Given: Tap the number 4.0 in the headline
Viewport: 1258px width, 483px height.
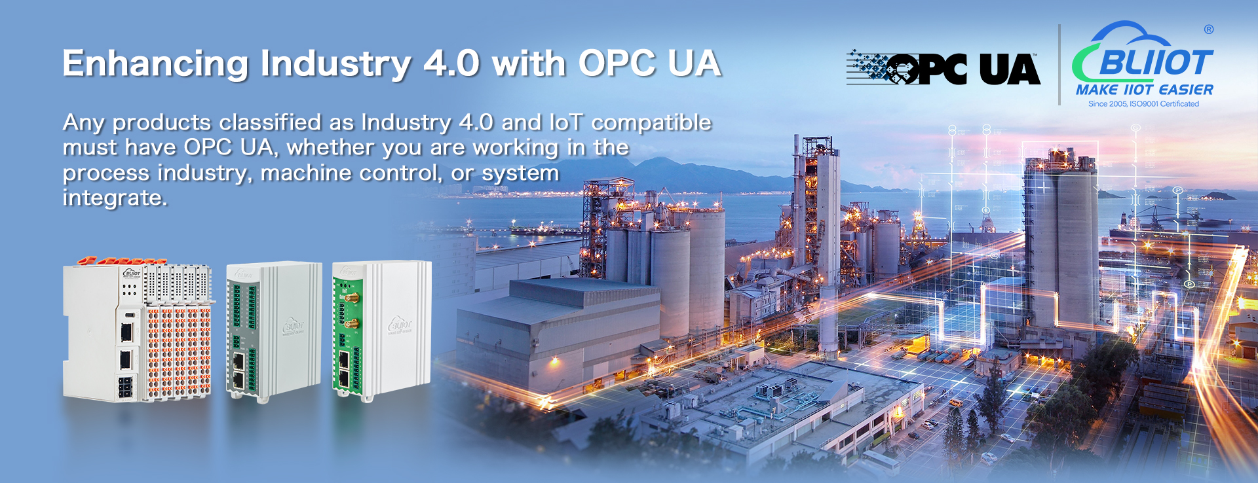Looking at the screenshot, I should click(x=452, y=63).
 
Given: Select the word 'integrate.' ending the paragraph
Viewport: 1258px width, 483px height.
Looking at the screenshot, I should click(x=115, y=197).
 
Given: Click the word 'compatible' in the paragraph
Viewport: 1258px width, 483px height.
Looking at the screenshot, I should click(x=651, y=122).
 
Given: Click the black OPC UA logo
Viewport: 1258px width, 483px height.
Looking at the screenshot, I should click(x=943, y=69).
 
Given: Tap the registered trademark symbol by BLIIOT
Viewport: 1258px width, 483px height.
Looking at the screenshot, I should click(x=1209, y=29).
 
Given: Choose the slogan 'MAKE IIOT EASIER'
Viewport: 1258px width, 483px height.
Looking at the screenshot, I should click(x=1144, y=90).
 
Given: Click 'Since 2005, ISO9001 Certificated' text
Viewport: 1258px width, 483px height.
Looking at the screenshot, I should click(x=1143, y=104).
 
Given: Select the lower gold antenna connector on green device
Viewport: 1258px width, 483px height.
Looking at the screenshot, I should click(x=349, y=323).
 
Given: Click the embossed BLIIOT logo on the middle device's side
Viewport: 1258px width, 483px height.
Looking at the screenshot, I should click(x=293, y=326).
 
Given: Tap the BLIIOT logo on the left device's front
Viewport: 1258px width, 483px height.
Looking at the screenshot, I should click(x=131, y=273).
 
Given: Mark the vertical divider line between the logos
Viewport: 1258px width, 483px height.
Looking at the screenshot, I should click(x=1059, y=65).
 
